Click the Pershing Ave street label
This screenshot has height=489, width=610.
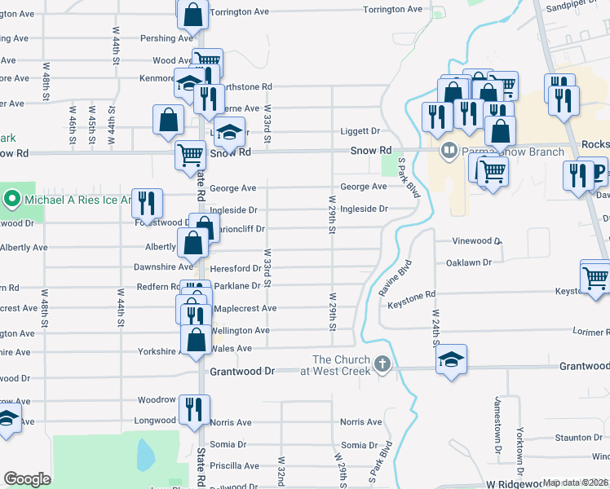(169, 38)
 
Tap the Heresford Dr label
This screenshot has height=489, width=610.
(235, 267)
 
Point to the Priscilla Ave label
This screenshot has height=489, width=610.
(234, 466)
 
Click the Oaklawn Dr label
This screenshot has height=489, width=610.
(469, 262)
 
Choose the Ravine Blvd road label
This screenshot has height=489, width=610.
(396, 279)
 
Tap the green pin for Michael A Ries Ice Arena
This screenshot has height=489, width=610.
(11, 199)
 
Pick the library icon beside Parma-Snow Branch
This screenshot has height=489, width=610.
(449, 152)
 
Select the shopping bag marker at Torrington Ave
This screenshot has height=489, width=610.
(192, 13)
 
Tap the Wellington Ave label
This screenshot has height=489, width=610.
(240, 330)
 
